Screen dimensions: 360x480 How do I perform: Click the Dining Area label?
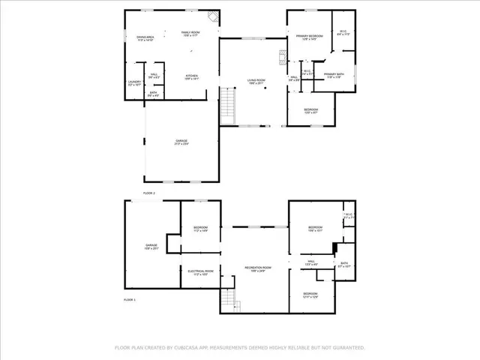(145, 38)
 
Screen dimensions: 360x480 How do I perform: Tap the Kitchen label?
(192, 76)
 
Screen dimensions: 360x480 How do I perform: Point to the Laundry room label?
(134, 84)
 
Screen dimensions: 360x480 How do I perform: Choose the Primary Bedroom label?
(309, 37)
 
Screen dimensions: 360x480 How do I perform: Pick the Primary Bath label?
(334, 76)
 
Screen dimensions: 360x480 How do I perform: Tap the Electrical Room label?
(199, 272)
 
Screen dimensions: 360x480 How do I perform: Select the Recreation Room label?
(257, 268)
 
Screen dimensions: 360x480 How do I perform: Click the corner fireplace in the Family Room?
(214, 17)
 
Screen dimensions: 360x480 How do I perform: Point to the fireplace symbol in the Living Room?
(282, 57)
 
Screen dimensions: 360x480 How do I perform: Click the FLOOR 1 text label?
(133, 299)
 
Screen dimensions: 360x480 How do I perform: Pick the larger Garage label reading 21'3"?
(181, 142)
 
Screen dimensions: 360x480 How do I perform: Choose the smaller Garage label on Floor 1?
(151, 247)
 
